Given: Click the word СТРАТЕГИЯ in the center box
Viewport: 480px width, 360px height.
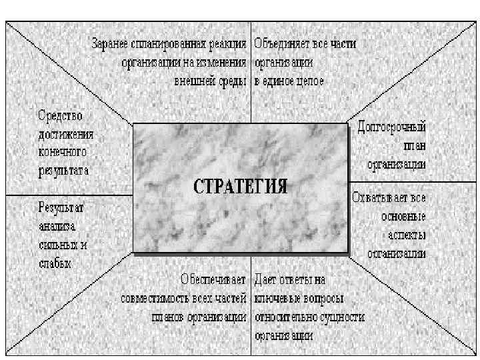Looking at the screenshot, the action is [241, 185].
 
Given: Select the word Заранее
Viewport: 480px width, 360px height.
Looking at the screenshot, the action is [111, 44].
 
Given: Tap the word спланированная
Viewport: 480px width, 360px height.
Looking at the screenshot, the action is [167, 44].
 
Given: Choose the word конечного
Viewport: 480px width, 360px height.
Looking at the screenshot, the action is [63, 151].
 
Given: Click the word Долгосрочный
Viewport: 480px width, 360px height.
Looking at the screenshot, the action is [392, 125].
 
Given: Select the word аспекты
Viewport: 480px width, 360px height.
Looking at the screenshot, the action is [407, 235].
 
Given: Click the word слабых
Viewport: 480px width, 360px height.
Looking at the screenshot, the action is [54, 263].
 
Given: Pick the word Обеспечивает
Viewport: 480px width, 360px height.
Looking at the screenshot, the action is [213, 279].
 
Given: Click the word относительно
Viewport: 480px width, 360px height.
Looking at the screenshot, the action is [287, 316].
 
